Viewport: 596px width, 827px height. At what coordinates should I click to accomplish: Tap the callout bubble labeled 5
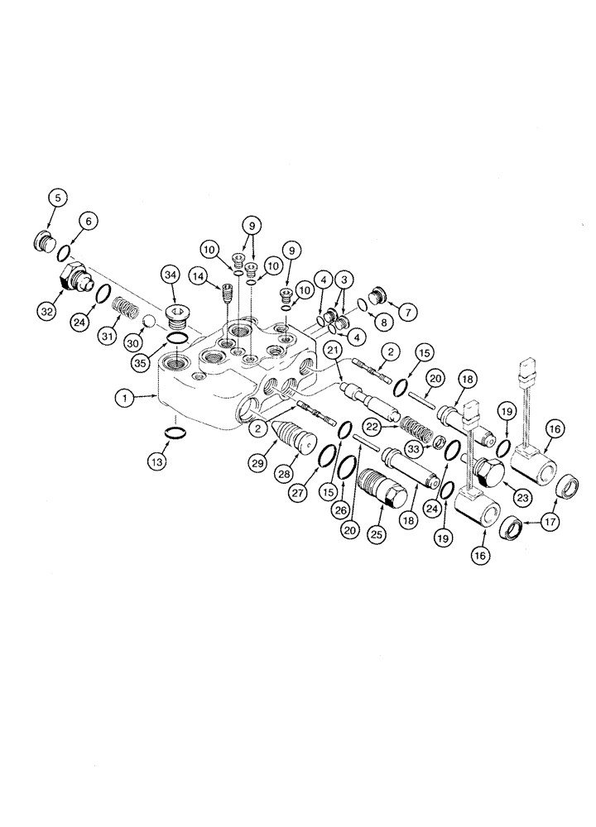[57, 198]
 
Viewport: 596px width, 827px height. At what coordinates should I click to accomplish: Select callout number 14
[199, 274]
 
